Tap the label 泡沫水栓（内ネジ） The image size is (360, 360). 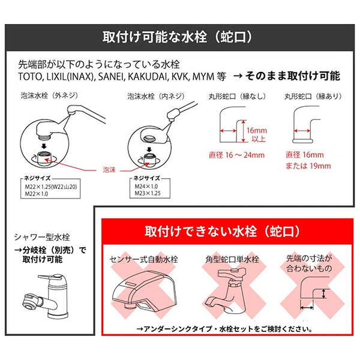(x=155, y=95)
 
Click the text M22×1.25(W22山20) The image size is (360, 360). (x=53, y=187)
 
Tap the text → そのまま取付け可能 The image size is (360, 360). (x=286, y=76)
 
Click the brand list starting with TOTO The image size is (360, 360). (x=120, y=76)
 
